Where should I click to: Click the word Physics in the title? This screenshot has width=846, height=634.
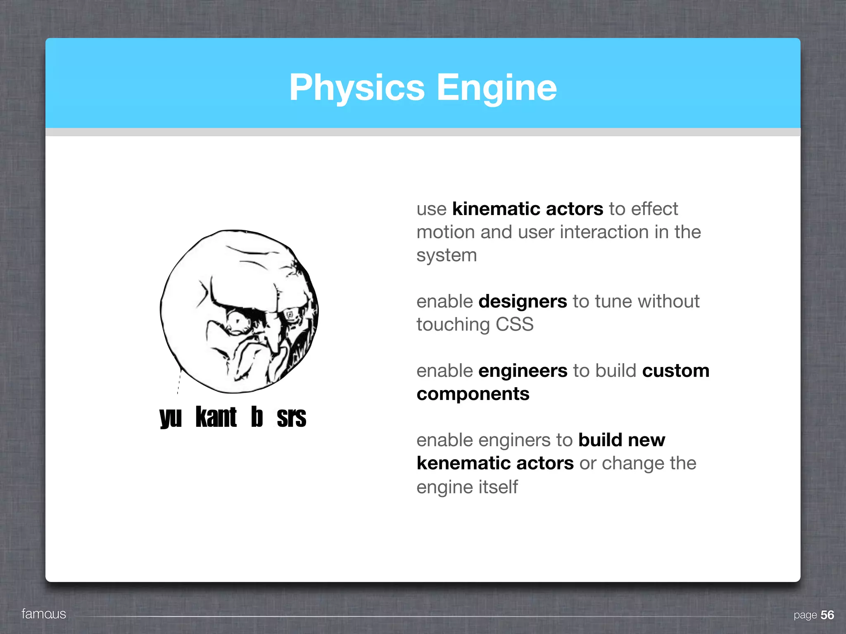(x=356, y=88)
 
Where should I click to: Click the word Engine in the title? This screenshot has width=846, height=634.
(x=497, y=88)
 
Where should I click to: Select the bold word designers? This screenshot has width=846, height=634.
(x=523, y=301)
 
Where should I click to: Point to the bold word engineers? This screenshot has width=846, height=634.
(x=523, y=371)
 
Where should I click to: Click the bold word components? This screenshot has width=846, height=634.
(x=473, y=394)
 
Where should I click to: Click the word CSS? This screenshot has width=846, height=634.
(x=514, y=324)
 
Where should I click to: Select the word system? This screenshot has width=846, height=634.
(x=447, y=255)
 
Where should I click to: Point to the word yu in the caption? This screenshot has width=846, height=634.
(x=170, y=418)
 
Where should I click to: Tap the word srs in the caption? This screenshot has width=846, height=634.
(x=291, y=418)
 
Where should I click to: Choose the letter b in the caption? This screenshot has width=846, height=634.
(x=257, y=417)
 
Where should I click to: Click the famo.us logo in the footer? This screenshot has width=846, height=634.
(x=44, y=614)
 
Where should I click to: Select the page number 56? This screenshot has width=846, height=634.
(x=827, y=615)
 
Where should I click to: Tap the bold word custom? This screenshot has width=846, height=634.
(x=676, y=371)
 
